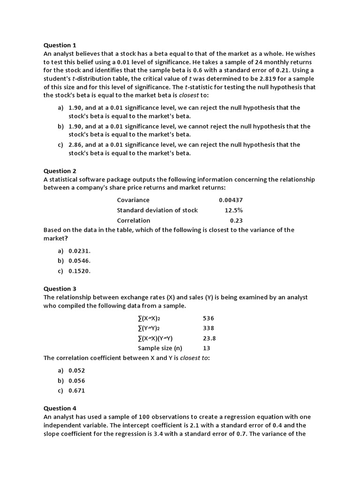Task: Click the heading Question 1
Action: pyautogui.click(x=60, y=45)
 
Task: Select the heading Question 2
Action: pyautogui.click(x=60, y=171)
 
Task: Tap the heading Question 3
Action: pyautogui.click(x=60, y=289)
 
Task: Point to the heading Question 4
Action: pyautogui.click(x=60, y=408)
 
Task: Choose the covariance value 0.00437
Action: pyautogui.click(x=231, y=200)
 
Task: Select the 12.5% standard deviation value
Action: pyautogui.click(x=233, y=210)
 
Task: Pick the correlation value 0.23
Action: pyautogui.click(x=236, y=220)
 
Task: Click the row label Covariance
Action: pyautogui.click(x=133, y=200)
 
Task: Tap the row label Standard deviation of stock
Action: pyautogui.click(x=157, y=210)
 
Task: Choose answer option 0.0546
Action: pyautogui.click(x=79, y=261)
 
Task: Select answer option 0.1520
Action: pyautogui.click(x=79, y=271)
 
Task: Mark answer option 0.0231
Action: pyautogui.click(x=79, y=251)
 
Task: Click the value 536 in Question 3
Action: pyautogui.click(x=208, y=318)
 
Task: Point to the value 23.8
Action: pyautogui.click(x=209, y=338)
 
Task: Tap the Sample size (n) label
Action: pyautogui.click(x=160, y=348)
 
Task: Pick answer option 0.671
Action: pyautogui.click(x=77, y=390)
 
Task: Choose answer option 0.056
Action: pyautogui.click(x=77, y=381)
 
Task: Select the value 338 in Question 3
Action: pyautogui.click(x=208, y=328)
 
